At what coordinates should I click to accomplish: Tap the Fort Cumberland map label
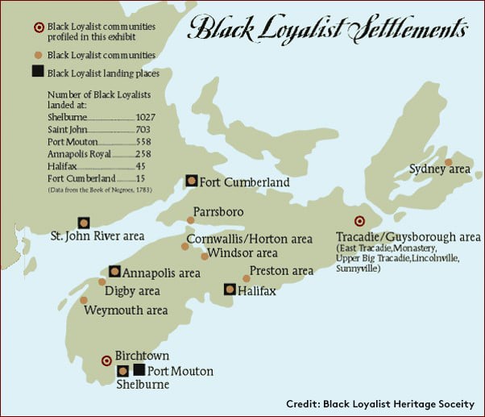[244, 182]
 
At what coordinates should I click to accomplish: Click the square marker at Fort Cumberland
[191, 181]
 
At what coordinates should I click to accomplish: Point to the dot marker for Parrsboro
[190, 219]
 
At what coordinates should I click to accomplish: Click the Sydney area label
[439, 169]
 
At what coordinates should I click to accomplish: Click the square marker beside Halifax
[230, 289]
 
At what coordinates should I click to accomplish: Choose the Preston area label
[281, 271]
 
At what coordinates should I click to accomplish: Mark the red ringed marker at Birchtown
[106, 361]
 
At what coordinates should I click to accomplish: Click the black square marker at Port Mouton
[139, 370]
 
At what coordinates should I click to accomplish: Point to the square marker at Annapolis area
[114, 271]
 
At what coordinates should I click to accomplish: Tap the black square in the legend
[37, 72]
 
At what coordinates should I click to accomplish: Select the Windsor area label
[242, 252]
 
